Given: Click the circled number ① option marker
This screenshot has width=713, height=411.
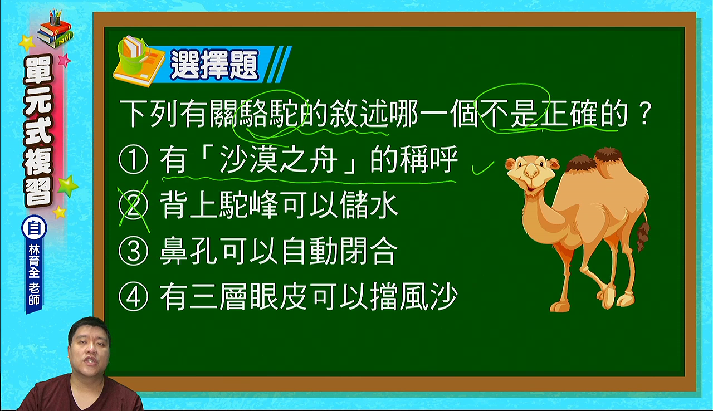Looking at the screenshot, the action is (133, 159).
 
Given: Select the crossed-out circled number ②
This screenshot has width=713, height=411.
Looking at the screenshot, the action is (133, 205).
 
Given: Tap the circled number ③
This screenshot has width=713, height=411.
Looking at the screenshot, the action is (133, 251).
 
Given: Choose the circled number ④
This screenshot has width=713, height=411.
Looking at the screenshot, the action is (133, 297).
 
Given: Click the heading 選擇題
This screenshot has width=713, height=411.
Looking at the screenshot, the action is (214, 65).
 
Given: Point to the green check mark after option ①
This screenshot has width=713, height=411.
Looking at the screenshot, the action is (483, 168).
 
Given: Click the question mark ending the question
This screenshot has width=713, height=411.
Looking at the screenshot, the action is (643, 113).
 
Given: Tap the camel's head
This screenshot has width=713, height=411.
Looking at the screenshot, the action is (531, 174).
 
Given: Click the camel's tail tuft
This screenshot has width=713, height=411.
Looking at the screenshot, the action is (643, 236).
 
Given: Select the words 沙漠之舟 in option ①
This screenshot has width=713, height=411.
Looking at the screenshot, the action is (279, 159).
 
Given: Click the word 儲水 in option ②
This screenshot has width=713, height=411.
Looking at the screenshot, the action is (369, 205).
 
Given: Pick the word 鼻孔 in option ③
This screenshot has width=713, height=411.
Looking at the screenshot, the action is (190, 251).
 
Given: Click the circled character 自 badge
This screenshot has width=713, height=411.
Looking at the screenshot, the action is (34, 229).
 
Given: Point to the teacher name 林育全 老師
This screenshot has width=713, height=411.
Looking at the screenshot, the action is (34, 275).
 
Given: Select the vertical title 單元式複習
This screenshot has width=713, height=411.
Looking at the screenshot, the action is (38, 132).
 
